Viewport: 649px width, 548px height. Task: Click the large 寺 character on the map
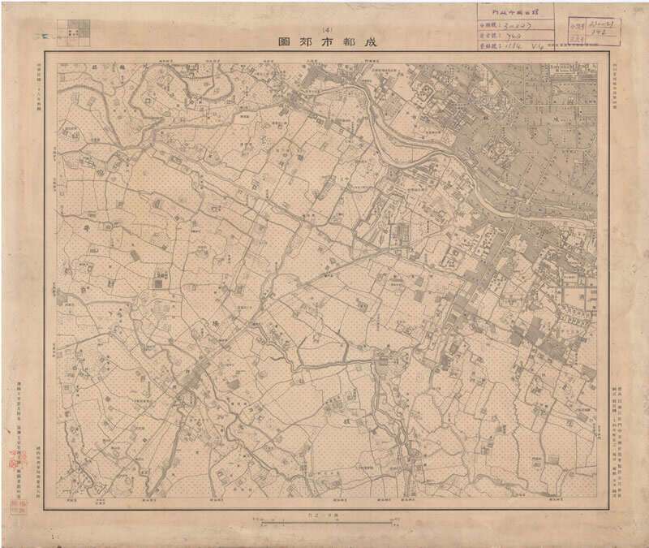click(x=84, y=230)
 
